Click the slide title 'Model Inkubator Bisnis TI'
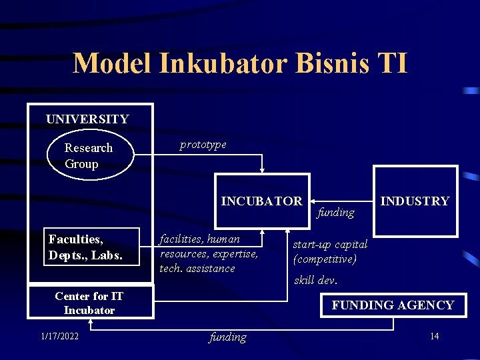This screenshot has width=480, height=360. tap(240, 63)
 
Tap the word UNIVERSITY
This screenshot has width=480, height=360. tap(87, 119)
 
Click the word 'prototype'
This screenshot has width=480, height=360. tap(203, 145)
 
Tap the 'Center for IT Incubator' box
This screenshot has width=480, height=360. tap(89, 303)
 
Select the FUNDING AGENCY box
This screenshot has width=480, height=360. tap(393, 305)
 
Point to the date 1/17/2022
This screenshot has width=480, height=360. tap(59, 336)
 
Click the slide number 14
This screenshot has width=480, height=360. tap(434, 336)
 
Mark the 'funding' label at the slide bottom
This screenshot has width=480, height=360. tap(227, 337)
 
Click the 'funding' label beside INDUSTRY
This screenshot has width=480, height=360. tap(336, 213)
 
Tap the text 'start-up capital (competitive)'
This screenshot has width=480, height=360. tap(330, 251)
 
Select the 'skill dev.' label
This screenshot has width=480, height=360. tap(315, 281)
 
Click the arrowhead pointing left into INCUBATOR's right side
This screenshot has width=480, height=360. tap(315, 200)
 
